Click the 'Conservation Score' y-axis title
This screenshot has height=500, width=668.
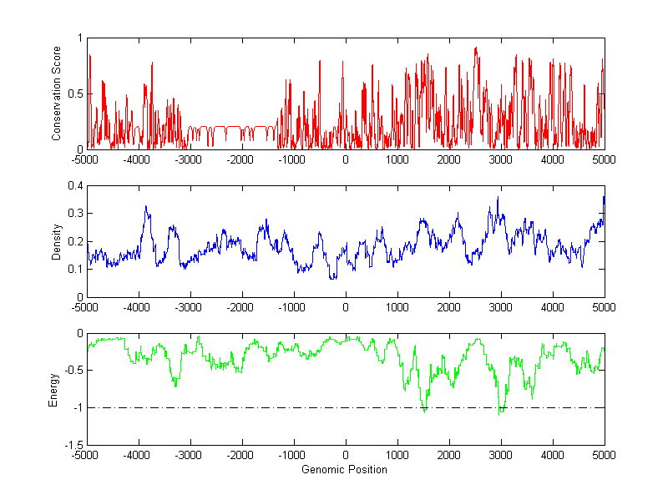pyautogui.click(x=57, y=93)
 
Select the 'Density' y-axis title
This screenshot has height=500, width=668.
pyautogui.click(x=57, y=241)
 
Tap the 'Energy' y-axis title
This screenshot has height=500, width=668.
pyautogui.click(x=54, y=389)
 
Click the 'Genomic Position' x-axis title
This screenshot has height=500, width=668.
pyautogui.click(x=345, y=469)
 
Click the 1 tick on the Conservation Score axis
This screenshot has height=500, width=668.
pyautogui.click(x=79, y=38)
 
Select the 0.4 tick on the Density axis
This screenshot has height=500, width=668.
pyautogui.click(x=75, y=186)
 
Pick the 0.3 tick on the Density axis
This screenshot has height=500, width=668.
pyautogui.click(x=75, y=214)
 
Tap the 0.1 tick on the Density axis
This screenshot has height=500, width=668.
pyautogui.click(x=75, y=269)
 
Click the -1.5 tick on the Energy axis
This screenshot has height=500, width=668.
pyautogui.click(x=73, y=445)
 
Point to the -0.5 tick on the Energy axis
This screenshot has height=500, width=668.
pyautogui.click(x=73, y=371)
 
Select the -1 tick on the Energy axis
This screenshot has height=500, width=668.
pyautogui.click(x=78, y=408)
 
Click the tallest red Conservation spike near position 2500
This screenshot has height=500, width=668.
pyautogui.click(x=475, y=48)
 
